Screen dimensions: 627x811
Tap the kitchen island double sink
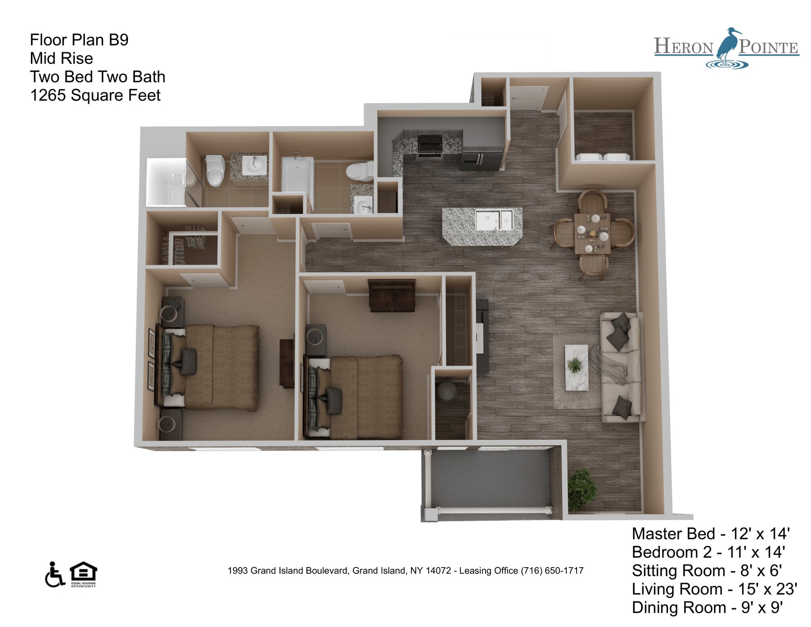click(494, 219)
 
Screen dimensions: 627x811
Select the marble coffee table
click(576, 368)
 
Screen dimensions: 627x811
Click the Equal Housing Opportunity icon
click(83, 574)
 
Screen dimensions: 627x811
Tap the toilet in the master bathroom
click(215, 170)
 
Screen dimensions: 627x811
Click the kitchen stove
click(430, 145)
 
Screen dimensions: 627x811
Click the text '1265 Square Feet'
click(95, 95)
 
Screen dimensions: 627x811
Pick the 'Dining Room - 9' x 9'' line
click(707, 607)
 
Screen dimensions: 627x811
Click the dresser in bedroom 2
click(392, 295)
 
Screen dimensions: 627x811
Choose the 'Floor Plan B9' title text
click(79, 40)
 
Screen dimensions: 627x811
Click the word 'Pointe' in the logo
click(768, 48)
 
